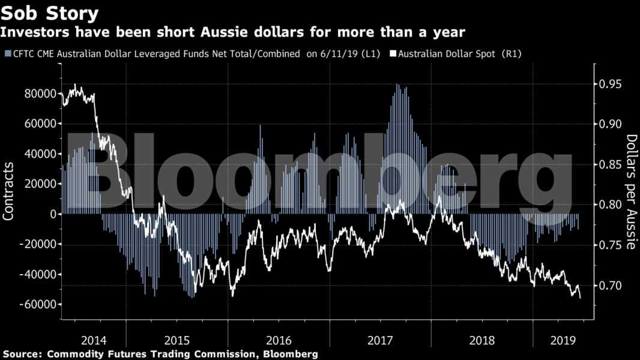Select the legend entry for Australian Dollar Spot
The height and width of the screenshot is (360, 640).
[x=459, y=54]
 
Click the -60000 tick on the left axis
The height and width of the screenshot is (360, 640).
[x=37, y=304]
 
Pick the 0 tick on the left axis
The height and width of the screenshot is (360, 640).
[x=53, y=214]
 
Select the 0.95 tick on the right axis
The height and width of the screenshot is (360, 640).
[x=612, y=84]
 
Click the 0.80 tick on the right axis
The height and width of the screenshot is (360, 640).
[x=612, y=205]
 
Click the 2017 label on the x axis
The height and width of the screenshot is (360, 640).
[x=380, y=340]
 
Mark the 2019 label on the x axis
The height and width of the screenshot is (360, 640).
[x=563, y=340]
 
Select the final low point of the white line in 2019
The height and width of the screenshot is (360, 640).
[x=580, y=298]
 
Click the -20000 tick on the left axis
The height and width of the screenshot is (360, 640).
[x=37, y=244]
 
